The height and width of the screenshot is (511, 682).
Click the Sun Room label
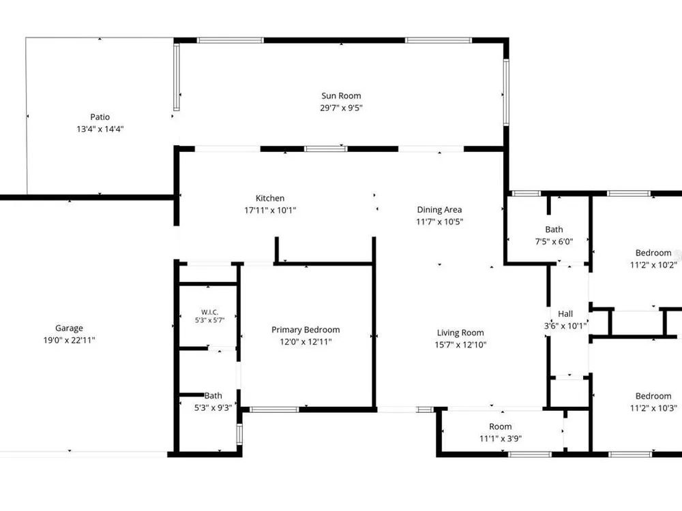tap(341, 96)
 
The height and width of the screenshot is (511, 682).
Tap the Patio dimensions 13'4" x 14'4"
tap(100, 129)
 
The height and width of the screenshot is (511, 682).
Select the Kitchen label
tap(270, 198)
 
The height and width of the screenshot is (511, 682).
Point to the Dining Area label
tap(439, 210)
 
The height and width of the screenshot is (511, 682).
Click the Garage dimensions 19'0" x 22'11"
tap(69, 340)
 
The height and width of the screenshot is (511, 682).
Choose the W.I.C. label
tap(209, 312)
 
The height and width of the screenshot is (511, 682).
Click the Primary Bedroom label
tap(306, 330)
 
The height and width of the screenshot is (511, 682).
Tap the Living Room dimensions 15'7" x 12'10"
tap(460, 345)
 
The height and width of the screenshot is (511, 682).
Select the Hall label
tap(565, 313)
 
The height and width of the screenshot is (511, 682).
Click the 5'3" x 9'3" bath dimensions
tap(213, 408)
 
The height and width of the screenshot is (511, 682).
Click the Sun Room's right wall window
tap(506, 92)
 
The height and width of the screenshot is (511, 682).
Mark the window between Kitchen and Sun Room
tap(326, 149)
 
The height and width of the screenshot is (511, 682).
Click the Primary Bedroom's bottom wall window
tap(274, 409)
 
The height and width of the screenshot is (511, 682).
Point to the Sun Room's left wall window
tap(177, 77)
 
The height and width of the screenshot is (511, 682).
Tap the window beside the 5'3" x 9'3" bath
tap(239, 434)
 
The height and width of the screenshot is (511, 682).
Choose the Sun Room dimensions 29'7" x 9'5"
tap(341, 108)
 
